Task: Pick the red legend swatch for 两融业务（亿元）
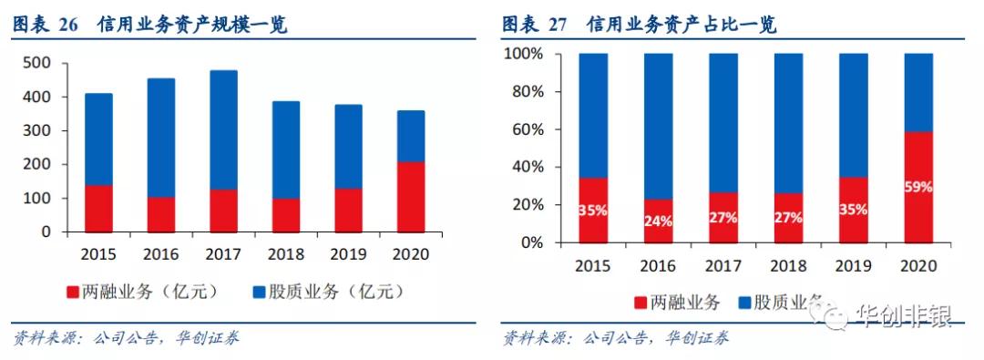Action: pyautogui.click(x=72, y=292)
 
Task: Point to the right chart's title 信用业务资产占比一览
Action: pyautogui.click(x=682, y=25)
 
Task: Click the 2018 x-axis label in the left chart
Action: pyautogui.click(x=284, y=253)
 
